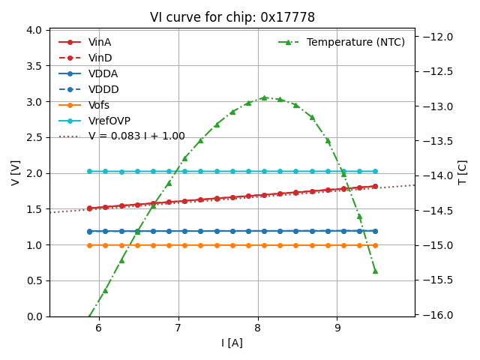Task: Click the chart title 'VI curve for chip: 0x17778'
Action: click(x=232, y=17)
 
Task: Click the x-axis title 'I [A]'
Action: click(x=232, y=343)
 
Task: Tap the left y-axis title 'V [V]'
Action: click(x=16, y=172)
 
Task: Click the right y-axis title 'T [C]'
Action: click(x=462, y=172)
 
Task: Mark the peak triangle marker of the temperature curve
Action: click(x=264, y=97)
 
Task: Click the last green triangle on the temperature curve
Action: click(x=375, y=271)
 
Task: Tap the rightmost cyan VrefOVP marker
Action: click(x=375, y=171)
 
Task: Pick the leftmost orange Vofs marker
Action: click(x=89, y=245)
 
